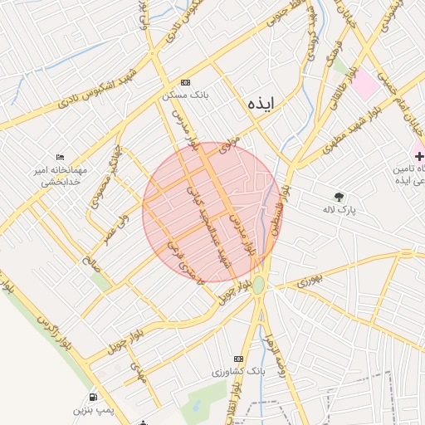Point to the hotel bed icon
pos(60,157)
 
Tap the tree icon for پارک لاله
pos(339,197)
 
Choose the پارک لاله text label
pos(339,211)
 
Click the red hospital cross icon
pos(419,155)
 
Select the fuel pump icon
pos(92,397)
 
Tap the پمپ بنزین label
pos(92,411)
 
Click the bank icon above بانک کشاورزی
pos(240,359)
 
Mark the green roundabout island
pos(259,285)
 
